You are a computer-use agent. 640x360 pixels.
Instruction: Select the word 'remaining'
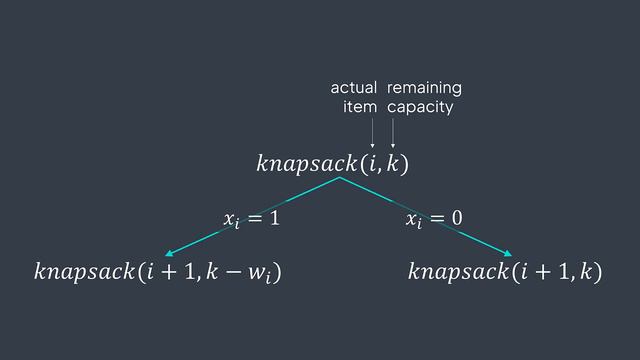pyautogui.click(x=424, y=88)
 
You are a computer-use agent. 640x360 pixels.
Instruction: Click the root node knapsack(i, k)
pyautogui.click(x=333, y=161)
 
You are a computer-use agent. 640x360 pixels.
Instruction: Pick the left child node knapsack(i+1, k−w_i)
pyautogui.click(x=157, y=271)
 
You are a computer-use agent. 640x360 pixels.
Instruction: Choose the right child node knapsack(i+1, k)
pyautogui.click(x=506, y=271)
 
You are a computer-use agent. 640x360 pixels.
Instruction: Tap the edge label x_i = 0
pyautogui.click(x=429, y=217)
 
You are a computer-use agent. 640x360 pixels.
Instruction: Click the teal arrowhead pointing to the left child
pyautogui.click(x=170, y=254)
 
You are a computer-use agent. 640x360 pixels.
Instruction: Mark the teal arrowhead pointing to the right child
pyautogui.click(x=507, y=254)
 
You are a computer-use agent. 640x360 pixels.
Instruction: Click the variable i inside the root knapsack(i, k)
pyautogui.click(x=375, y=161)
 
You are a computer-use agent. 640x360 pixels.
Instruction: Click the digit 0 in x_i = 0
pyautogui.click(x=456, y=217)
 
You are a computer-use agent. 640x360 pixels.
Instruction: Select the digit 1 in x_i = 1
pyautogui.click(x=273, y=217)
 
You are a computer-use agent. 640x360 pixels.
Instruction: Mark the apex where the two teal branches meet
pyautogui.click(x=339, y=178)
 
